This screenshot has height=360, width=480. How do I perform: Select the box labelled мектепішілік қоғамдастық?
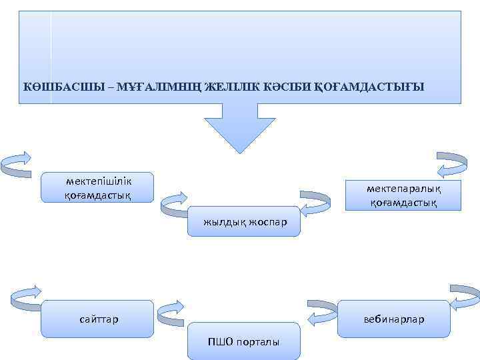click(97, 187)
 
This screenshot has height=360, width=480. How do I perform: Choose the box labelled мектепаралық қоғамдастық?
click(403, 195)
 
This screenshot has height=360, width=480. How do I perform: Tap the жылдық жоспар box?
click(245, 221)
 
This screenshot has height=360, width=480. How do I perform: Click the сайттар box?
click(97, 319)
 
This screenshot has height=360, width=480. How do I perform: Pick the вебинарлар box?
click(394, 319)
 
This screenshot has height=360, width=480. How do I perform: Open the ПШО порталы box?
click(244, 341)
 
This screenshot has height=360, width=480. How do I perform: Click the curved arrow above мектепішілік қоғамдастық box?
click(18, 163)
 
